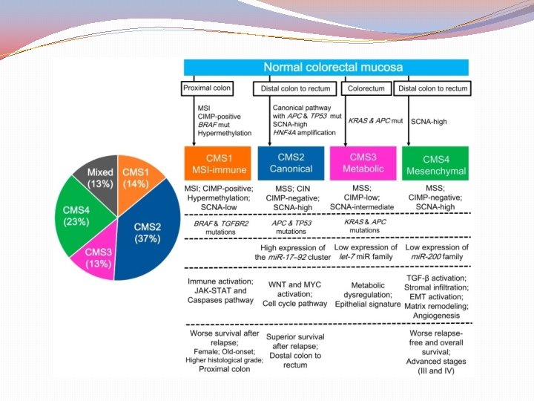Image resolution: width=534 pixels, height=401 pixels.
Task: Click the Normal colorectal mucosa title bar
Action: pos(326,66)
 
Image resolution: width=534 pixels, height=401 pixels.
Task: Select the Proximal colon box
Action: pos(208,88)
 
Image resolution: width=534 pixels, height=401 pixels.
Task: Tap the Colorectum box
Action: pos(365,88)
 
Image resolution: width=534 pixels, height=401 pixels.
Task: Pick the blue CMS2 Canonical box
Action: pos(291,163)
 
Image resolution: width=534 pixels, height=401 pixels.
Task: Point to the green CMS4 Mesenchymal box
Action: pos(435,163)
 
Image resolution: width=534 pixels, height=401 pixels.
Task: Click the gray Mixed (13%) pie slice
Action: pos(100,179)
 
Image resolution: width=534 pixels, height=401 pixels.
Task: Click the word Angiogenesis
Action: pos(437,316)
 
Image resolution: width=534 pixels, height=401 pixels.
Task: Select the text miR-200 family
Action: pos(436,257)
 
